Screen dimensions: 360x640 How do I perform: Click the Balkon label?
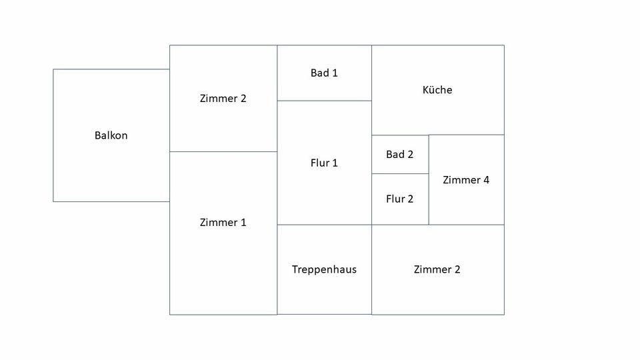click(111, 135)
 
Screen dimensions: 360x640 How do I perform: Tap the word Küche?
click(437, 90)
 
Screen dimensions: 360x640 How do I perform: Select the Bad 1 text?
click(324, 73)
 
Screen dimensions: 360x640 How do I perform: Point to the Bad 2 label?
click(399, 155)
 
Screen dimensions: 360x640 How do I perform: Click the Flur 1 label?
click(324, 163)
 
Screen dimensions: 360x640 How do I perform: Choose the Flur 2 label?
click(399, 199)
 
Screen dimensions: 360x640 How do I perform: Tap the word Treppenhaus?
click(324, 269)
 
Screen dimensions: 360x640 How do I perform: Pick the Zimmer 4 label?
click(466, 180)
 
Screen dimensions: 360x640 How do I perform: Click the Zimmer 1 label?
click(223, 223)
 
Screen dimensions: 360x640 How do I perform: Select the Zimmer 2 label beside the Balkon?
click(223, 99)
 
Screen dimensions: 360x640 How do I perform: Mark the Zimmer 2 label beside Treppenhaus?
click(437, 269)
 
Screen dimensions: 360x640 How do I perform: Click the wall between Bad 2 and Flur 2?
click(400, 173)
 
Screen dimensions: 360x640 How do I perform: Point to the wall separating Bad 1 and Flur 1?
click(324, 101)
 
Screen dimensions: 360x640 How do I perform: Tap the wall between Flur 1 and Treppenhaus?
click(324, 225)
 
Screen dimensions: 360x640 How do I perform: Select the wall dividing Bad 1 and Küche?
click(371, 73)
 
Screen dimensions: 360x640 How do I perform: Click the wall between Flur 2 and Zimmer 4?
click(429, 199)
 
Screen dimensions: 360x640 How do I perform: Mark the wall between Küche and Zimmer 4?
click(467, 135)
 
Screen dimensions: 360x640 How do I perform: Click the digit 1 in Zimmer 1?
click(243, 223)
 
